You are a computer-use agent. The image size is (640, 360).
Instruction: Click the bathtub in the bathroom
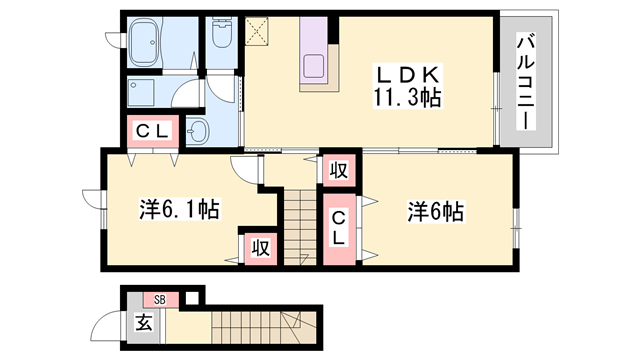coord(152,43)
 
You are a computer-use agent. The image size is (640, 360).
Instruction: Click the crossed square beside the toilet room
coord(260,31)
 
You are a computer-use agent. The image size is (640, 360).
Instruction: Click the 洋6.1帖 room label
coord(179,210)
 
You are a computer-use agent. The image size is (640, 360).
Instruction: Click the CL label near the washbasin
coord(151,131)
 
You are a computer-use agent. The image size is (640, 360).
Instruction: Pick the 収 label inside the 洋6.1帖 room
coord(259,247)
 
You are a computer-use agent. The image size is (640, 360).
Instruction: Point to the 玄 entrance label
coord(144,323)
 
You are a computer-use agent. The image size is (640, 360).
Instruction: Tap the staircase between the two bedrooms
coord(297,223)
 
